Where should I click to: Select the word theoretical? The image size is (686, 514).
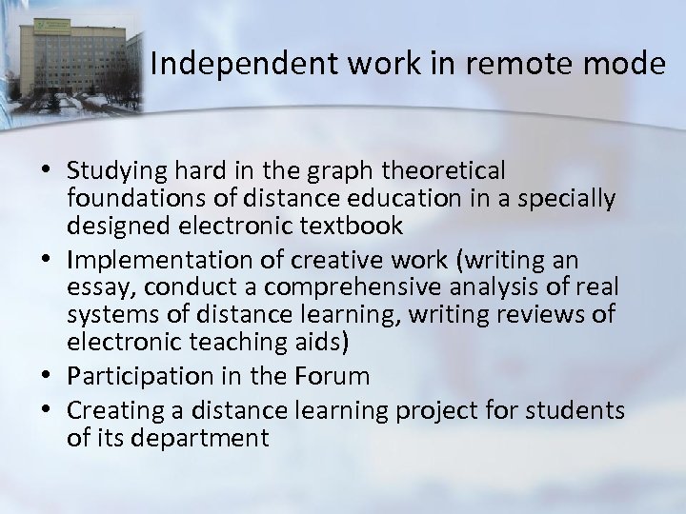pos(442,170)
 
